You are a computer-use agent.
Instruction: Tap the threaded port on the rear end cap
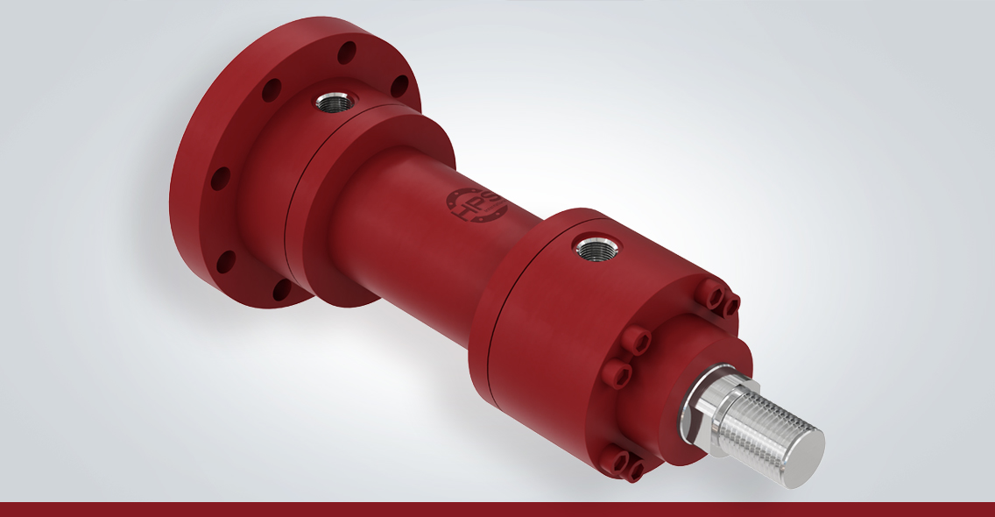(x=334, y=101)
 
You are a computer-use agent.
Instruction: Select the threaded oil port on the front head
(x=596, y=248)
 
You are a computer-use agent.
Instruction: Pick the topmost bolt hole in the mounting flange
(x=347, y=52)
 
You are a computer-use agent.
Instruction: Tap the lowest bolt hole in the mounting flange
(x=282, y=290)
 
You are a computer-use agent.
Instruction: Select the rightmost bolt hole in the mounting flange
(x=399, y=86)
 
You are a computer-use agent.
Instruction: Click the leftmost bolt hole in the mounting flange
(x=220, y=179)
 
